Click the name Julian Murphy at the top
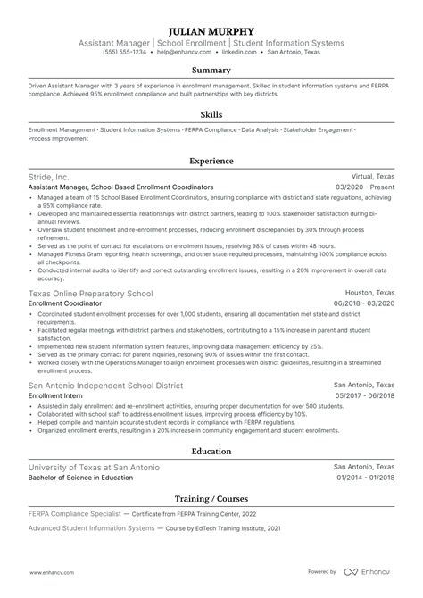(211, 29)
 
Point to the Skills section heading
(211, 115)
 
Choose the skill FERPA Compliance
(211, 130)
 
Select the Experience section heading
(211, 162)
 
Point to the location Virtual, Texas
(370, 178)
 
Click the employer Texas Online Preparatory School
(90, 294)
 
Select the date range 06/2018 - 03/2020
(365, 303)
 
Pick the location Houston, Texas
(370, 294)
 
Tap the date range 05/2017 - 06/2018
(365, 395)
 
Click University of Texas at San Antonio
(95, 468)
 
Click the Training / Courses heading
(211, 498)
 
